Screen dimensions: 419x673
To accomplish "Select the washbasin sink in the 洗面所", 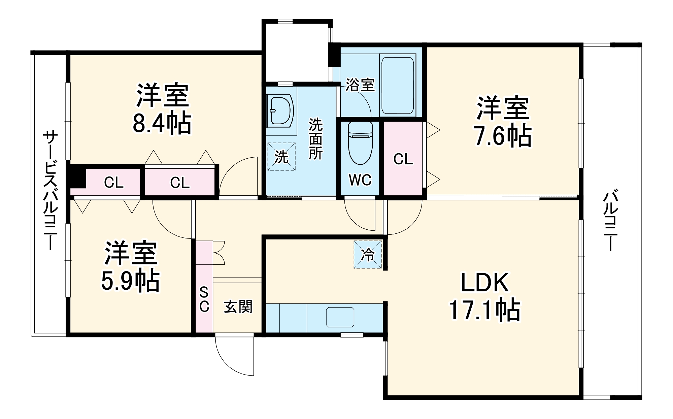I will (281, 111).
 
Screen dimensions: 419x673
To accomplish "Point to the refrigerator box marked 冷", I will (368, 255).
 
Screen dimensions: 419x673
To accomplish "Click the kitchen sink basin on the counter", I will (340, 317).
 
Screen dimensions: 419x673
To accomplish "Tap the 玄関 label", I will (238, 307).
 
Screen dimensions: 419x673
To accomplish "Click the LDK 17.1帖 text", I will (484, 296).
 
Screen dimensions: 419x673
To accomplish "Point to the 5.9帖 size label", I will (131, 280).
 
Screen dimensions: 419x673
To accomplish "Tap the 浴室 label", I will (360, 85).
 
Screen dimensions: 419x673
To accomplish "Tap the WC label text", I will (360, 180).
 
